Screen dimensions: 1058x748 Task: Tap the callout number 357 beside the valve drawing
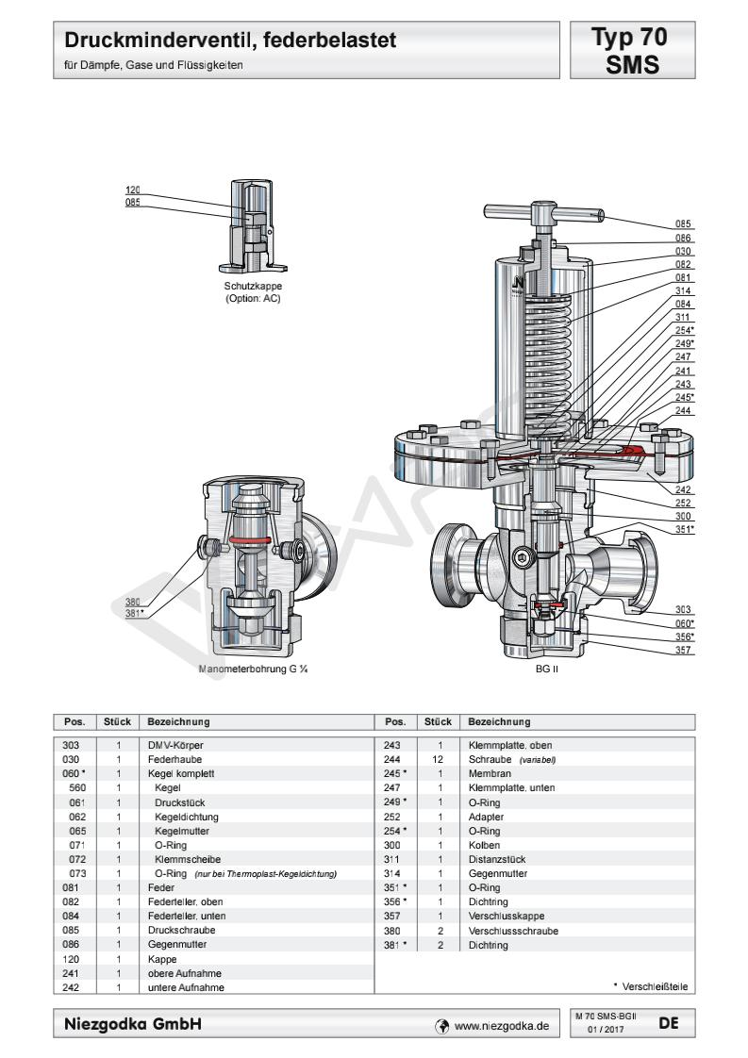685,651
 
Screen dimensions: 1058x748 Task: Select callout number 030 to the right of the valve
684,252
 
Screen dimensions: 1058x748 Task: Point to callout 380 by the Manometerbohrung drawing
134,601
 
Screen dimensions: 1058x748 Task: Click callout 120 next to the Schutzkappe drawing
133,190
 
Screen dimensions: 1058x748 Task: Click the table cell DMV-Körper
168,745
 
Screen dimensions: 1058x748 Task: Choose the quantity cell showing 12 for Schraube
440,757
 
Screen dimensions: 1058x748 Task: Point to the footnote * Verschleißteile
649,986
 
